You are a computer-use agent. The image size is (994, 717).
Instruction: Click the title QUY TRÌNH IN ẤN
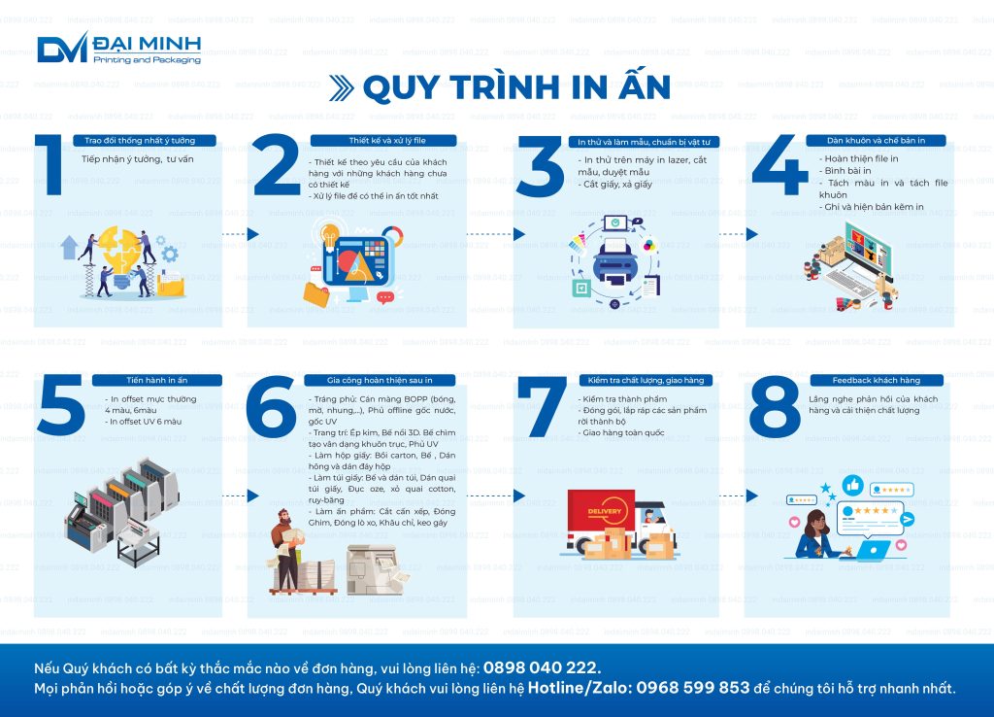pos(515,87)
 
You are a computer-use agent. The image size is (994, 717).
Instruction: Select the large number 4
pos(779,165)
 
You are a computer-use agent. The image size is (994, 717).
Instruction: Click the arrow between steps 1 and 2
pos(240,234)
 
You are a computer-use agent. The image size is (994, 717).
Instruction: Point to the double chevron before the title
pos(341,88)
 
